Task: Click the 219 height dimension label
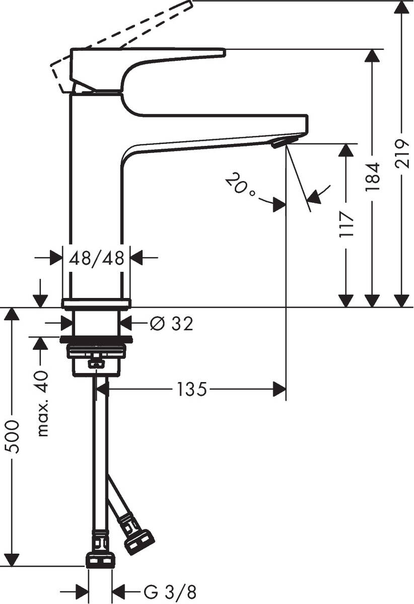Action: click(x=401, y=153)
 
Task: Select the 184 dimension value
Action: click(x=373, y=177)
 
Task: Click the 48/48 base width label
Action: click(x=96, y=258)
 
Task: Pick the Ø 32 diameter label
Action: click(x=171, y=324)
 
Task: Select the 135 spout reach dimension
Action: click(x=191, y=389)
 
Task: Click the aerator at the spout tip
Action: click(x=280, y=143)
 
